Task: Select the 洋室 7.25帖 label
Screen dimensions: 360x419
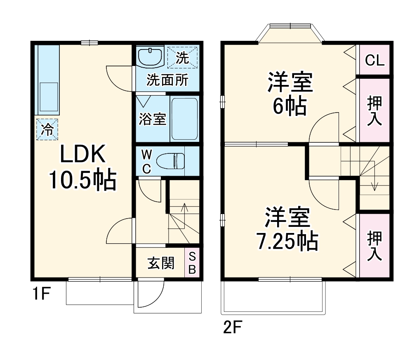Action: click(x=287, y=229)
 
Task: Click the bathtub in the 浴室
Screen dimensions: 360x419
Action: click(x=184, y=119)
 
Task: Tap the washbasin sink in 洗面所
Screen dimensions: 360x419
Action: click(x=150, y=57)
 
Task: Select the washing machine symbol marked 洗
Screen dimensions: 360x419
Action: click(x=182, y=57)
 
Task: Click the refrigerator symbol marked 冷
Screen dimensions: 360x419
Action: click(x=47, y=129)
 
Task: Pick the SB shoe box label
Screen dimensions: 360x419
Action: click(x=192, y=263)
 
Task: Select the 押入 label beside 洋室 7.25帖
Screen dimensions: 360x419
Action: click(x=374, y=246)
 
